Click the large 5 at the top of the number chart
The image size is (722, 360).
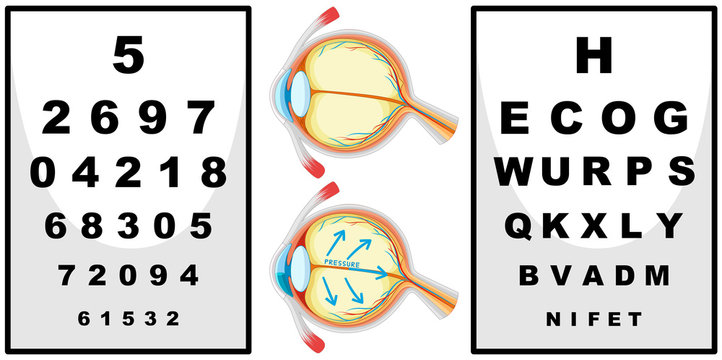pos(128,55)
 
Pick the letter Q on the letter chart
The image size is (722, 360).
pos(520,226)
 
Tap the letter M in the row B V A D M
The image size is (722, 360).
pos(656,274)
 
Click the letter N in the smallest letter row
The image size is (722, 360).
pos(553,319)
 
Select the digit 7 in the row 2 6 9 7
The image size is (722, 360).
pos(202,118)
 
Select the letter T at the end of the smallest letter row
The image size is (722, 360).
pos(636,319)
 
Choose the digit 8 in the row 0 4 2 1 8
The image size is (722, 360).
pos(213,172)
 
